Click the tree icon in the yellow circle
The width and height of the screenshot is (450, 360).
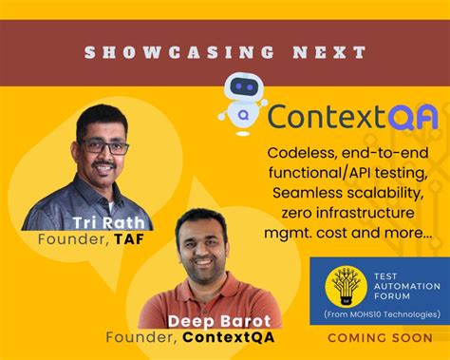[x=347, y=286]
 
